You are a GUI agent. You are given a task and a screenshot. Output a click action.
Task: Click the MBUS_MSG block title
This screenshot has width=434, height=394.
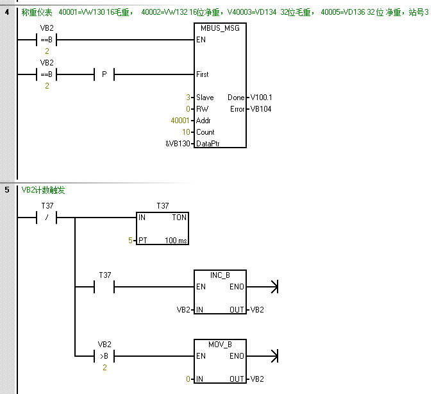[x=219, y=28]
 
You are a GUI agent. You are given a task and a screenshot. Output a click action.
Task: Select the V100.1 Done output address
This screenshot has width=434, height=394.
[x=261, y=98]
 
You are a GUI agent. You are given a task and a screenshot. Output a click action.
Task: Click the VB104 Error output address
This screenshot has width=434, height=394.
[x=261, y=109]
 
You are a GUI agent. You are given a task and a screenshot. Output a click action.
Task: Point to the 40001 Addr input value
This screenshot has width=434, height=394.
[x=180, y=121]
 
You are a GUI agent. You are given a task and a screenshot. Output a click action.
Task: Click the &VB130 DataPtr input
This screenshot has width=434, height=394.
[x=178, y=144]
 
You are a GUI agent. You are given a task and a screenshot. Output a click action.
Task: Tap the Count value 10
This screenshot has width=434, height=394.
[x=185, y=132]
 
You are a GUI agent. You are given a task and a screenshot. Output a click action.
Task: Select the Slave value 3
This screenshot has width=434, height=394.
[x=188, y=98]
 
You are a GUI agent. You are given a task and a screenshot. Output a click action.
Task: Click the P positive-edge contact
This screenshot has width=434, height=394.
[x=104, y=74]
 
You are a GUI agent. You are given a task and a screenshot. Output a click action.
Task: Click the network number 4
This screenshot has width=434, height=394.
[x=6, y=12]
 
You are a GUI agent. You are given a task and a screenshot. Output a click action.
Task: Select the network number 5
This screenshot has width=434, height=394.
[x=6, y=190]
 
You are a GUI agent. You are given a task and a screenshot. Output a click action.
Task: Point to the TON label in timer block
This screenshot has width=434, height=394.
[x=179, y=218]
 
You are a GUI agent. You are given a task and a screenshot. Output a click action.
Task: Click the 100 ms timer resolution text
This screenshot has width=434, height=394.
[x=175, y=241]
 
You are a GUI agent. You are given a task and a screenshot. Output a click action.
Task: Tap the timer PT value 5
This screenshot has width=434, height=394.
[x=129, y=241]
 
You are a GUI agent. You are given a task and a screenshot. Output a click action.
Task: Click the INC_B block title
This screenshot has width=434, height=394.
[x=219, y=275]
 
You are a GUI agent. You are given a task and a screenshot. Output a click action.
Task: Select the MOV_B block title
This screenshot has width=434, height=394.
[x=219, y=345]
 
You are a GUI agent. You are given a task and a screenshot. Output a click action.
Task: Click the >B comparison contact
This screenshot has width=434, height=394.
[x=104, y=356]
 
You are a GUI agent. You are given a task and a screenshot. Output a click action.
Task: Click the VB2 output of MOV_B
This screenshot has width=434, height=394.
[x=256, y=379]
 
